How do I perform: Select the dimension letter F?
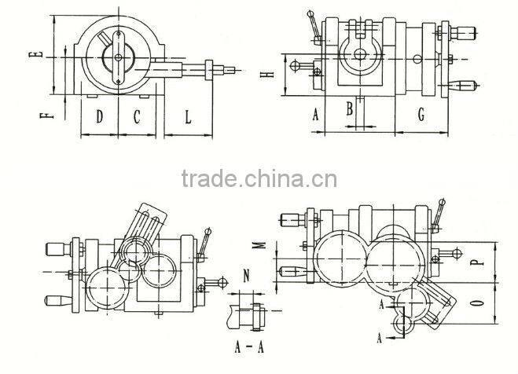pyautogui.click(x=46, y=115)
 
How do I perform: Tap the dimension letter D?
pyautogui.click(x=100, y=116)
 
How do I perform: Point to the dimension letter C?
pyautogui.click(x=137, y=116)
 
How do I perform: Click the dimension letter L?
pyautogui.click(x=188, y=117)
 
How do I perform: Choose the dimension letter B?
pyautogui.click(x=350, y=108)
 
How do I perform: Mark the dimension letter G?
pyautogui.click(x=421, y=115)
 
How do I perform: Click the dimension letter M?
pyautogui.click(x=261, y=245)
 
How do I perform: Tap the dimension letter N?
pyautogui.click(x=246, y=276)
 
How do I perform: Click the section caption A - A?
pyautogui.click(x=248, y=347)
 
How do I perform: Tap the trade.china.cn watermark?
pyautogui.click(x=259, y=178)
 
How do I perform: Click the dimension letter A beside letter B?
pyautogui.click(x=316, y=115)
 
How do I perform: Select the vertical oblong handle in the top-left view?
pyautogui.click(x=118, y=57)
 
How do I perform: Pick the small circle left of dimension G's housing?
pyautogui.click(x=418, y=59)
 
